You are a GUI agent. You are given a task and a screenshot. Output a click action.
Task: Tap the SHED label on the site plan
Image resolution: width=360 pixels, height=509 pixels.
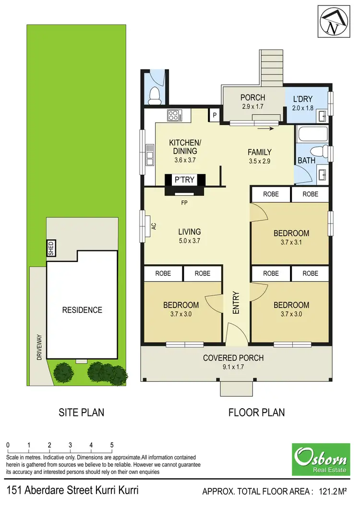click(x=51, y=248)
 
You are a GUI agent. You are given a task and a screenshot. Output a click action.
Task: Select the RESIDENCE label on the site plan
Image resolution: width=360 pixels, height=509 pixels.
click(x=82, y=310)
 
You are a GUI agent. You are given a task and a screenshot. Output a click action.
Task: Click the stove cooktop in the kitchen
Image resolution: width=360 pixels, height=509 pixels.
click(x=173, y=115)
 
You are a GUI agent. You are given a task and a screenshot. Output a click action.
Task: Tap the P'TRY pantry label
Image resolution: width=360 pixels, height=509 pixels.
click(x=184, y=180)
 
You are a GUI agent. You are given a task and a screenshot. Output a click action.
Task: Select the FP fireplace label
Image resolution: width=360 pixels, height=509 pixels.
click(x=184, y=203)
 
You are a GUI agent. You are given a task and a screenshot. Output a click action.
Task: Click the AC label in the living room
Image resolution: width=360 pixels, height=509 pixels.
click(x=154, y=225)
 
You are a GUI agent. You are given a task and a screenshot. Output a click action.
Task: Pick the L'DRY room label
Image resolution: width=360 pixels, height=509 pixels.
click(x=303, y=100)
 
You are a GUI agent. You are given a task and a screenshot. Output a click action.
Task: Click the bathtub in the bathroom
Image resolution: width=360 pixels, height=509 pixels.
click(x=312, y=134)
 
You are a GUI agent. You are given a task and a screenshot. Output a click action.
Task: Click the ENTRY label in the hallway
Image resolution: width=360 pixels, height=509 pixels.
click(x=236, y=303)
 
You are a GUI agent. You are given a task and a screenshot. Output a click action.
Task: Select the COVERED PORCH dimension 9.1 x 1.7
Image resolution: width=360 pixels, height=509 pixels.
click(x=233, y=367)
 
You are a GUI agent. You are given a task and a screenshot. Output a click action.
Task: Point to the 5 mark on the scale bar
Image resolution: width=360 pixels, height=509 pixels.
click(x=112, y=445)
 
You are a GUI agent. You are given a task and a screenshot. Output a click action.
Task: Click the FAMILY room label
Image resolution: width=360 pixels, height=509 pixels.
click(x=260, y=153)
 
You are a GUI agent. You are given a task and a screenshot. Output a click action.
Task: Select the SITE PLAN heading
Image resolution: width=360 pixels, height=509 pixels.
click(x=81, y=412)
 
